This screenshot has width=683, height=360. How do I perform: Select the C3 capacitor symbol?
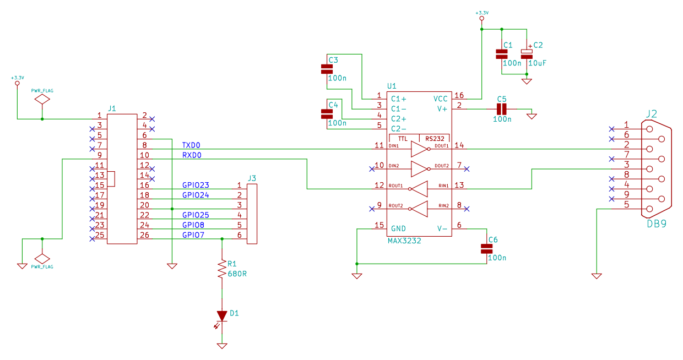click(327, 69)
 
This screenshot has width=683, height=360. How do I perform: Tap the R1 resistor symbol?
click(222, 270)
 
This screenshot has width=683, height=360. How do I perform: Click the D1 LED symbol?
click(222, 316)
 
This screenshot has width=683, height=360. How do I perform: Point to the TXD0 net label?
click(191, 145)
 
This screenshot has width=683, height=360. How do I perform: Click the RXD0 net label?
click(191, 155)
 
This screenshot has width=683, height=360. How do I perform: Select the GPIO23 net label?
click(196, 185)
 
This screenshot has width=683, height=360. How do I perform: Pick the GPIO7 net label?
click(193, 234)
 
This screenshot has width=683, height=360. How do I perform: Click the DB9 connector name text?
click(657, 223)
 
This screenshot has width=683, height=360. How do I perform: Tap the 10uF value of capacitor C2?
click(537, 63)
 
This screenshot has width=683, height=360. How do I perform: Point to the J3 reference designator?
click(252, 178)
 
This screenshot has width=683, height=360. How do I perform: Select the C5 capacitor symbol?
click(501, 109)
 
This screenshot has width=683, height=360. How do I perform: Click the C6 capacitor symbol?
click(486, 249)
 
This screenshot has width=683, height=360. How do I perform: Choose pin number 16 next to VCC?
click(459, 95)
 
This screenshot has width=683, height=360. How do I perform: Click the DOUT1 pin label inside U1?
click(441, 146)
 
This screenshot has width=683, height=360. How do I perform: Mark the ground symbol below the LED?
click(222, 346)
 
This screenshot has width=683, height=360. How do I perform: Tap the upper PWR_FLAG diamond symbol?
click(42, 100)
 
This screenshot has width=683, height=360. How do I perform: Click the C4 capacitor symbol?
click(327, 114)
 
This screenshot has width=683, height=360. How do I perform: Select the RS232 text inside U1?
click(435, 138)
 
